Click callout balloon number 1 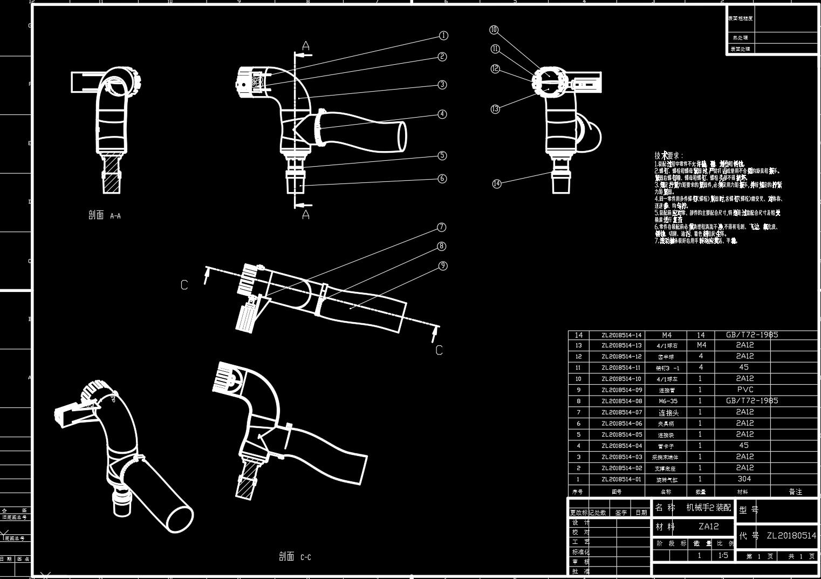[x=443, y=36]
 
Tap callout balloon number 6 [x=442, y=179]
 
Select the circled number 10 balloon [x=494, y=30]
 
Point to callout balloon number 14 [x=497, y=183]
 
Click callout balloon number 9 [x=443, y=265]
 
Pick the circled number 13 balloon [x=495, y=109]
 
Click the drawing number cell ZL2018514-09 [x=621, y=390]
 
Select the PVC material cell [x=744, y=390]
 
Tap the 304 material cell [x=744, y=479]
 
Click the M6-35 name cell [x=668, y=401]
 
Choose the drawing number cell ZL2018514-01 [x=621, y=479]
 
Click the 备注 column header [x=795, y=492]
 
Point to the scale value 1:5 [x=723, y=555]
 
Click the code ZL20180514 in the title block [x=791, y=535]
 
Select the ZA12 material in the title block [x=708, y=527]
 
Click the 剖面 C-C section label [x=295, y=556]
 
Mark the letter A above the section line [x=306, y=46]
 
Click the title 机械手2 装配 [x=708, y=508]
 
